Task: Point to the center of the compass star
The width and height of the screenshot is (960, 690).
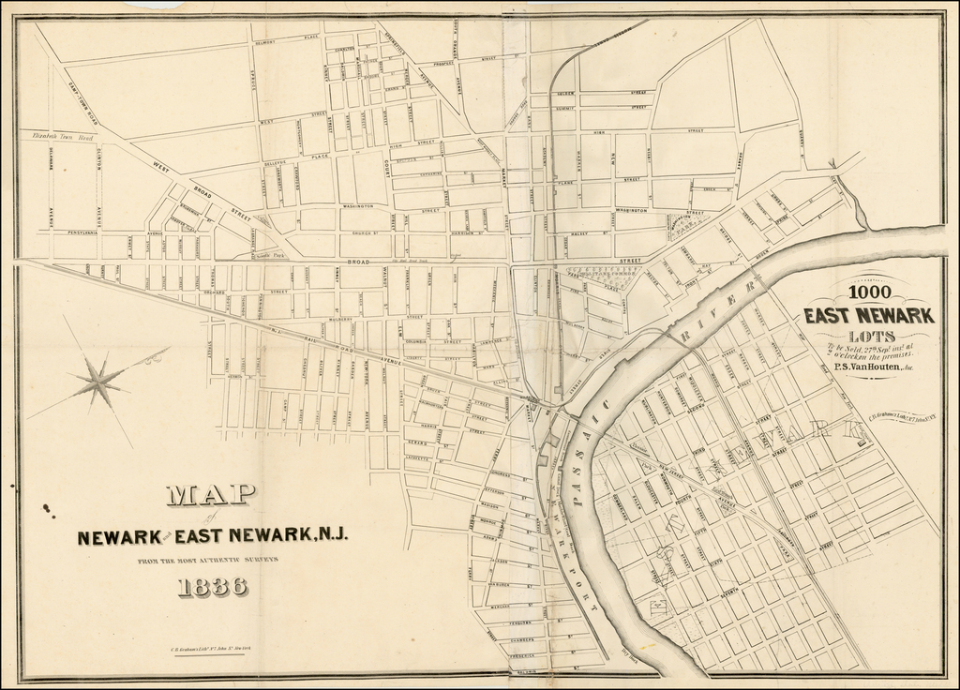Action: tap(97, 382)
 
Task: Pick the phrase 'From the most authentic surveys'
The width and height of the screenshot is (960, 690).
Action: tap(212, 560)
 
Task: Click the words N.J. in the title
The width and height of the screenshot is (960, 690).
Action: tap(330, 536)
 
